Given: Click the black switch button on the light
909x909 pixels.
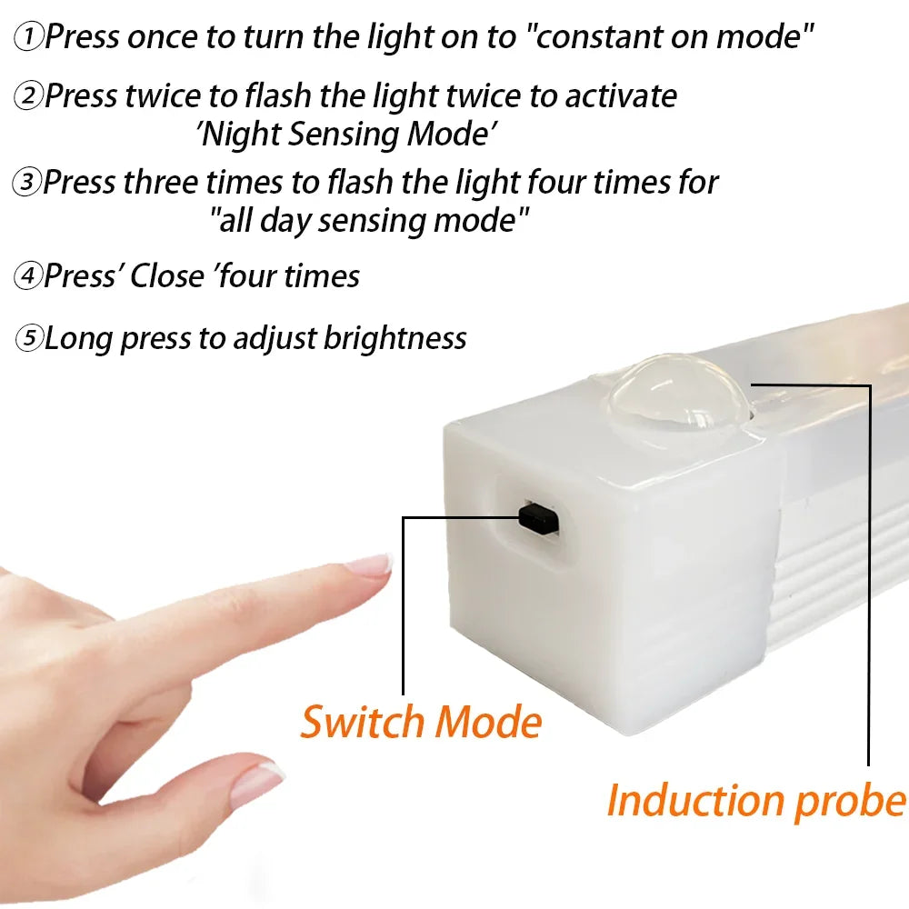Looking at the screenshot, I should point(538,516).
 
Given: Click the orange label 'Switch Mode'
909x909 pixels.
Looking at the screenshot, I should point(421,722).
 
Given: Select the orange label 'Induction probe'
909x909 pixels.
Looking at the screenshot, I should point(755,801).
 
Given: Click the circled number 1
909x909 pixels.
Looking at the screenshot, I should point(30,37).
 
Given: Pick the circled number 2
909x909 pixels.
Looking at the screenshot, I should point(29,95).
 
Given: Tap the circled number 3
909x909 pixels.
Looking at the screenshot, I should point(27,182).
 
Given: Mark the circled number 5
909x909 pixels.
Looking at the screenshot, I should point(30,339).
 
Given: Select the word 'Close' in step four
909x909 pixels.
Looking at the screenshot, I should point(167,275).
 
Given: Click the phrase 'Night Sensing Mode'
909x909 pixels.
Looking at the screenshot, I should point(348,134).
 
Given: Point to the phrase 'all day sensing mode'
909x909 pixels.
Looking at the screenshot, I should point(369,220).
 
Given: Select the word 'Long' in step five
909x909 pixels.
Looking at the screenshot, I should point(79,339).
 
